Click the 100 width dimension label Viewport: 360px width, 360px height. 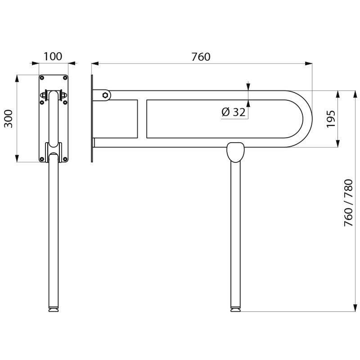point(53,57)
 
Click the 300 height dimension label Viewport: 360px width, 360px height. point(8,118)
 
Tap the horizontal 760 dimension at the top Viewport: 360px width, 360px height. point(201,57)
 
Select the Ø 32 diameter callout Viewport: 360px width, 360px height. point(234,112)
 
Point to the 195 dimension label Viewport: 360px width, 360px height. point(331,118)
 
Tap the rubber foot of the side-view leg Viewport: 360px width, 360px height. point(236,310)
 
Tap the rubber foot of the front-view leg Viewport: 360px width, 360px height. point(53,310)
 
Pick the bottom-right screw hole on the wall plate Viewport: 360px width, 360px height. point(65,159)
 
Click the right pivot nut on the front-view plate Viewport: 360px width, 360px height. point(63,95)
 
